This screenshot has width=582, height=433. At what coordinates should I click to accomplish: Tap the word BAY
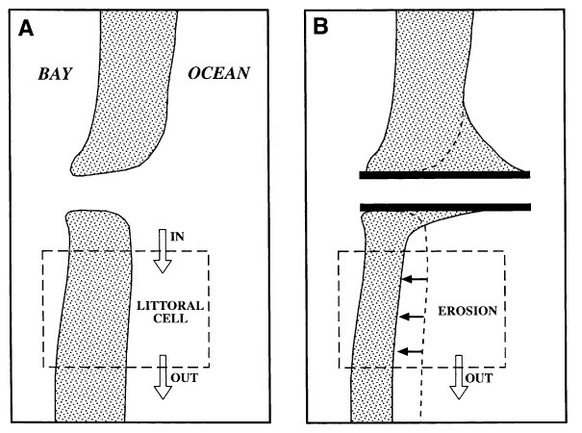coord(57,74)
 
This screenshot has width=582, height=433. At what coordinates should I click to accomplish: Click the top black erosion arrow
coord(415,280)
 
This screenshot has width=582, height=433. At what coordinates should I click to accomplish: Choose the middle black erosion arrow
coord(415,316)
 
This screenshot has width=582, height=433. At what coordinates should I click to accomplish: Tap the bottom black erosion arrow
coord(415,351)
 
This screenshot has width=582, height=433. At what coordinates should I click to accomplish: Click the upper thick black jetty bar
coord(444,175)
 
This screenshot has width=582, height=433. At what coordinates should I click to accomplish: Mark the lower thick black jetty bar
coord(444,206)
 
